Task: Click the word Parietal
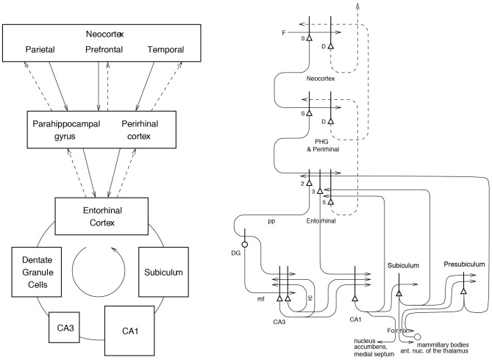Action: (40, 49)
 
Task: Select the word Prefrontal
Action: (104, 49)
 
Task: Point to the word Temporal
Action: (165, 49)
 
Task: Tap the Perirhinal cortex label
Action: (140, 130)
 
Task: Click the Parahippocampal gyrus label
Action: (66, 130)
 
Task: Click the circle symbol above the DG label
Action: (244, 245)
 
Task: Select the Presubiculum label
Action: (464, 264)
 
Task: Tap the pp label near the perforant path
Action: (271, 221)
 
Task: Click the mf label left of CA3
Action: (261, 299)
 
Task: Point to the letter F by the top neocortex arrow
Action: (284, 32)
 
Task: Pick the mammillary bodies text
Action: (443, 345)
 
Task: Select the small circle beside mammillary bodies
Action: (417, 337)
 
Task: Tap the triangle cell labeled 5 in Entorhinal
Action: (330, 202)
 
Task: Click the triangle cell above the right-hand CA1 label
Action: (355, 298)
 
